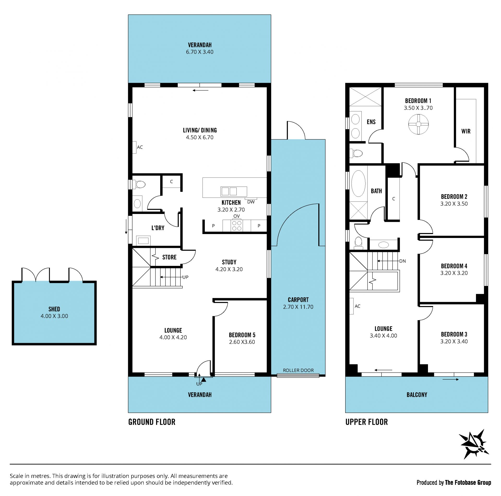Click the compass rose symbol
click(474, 444)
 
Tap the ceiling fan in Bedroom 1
click(418, 125)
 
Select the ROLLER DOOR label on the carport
click(298, 370)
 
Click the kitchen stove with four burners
click(237, 225)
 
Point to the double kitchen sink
click(229, 192)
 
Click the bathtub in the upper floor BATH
click(358, 184)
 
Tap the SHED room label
click(54, 309)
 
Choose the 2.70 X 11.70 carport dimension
click(298, 307)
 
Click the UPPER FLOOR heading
click(367, 422)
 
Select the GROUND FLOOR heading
click(152, 422)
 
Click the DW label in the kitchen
click(251, 202)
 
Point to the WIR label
click(466, 131)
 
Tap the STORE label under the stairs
click(169, 257)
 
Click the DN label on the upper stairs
click(402, 261)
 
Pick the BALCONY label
click(417, 395)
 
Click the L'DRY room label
click(158, 228)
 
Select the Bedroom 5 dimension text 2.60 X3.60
click(242, 342)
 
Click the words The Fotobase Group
click(468, 483)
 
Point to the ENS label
click(371, 122)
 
